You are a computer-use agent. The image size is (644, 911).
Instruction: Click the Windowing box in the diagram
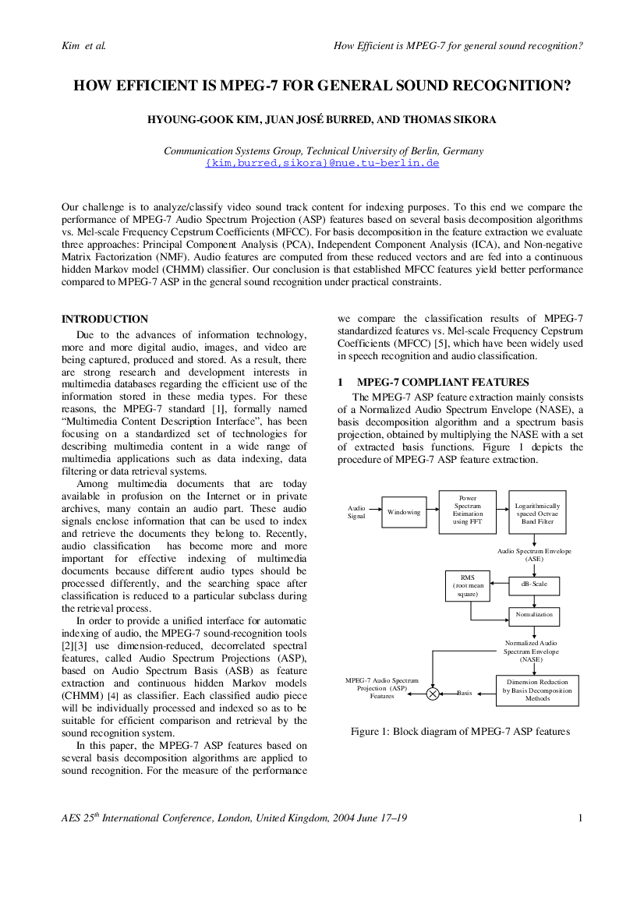tap(404, 512)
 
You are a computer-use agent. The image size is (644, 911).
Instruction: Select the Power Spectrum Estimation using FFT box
tap(468, 512)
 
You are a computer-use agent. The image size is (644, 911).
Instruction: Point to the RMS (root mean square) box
tap(468, 586)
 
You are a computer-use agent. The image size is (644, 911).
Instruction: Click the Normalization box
tap(534, 616)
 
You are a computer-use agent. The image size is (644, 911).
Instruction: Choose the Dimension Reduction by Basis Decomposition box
tap(538, 690)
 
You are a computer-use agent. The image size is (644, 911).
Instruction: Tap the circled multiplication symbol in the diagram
tap(433, 693)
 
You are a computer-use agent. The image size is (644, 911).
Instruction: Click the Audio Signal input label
tap(356, 512)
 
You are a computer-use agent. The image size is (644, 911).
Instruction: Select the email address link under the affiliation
tap(322, 163)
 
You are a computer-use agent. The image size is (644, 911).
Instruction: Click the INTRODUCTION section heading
tap(104, 319)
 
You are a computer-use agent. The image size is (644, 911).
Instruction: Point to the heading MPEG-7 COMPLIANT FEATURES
tap(443, 383)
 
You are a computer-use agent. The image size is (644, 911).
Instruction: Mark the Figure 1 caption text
tap(460, 732)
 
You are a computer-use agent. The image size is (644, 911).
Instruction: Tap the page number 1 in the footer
tap(580, 818)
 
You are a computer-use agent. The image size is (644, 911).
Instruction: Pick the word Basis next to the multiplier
tap(465, 693)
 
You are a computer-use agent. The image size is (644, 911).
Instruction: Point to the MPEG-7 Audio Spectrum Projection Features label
tap(382, 688)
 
